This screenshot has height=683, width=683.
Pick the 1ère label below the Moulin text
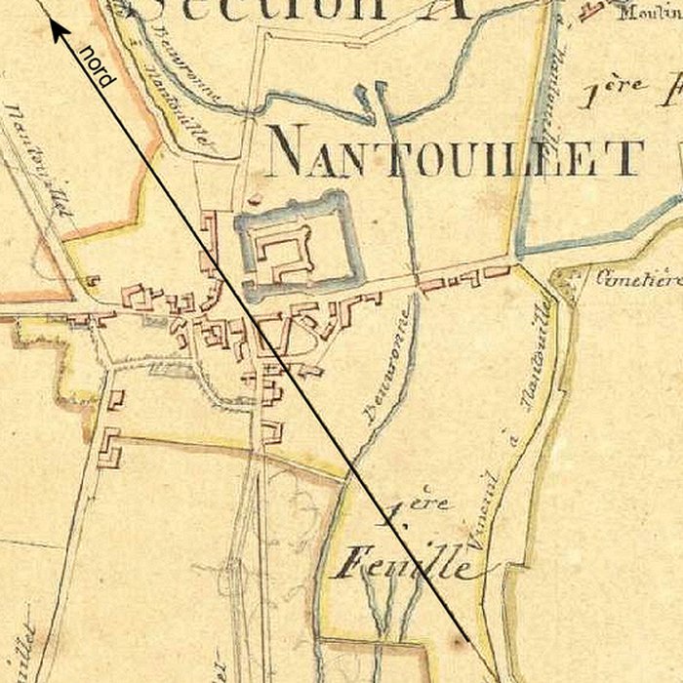[624, 93]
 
